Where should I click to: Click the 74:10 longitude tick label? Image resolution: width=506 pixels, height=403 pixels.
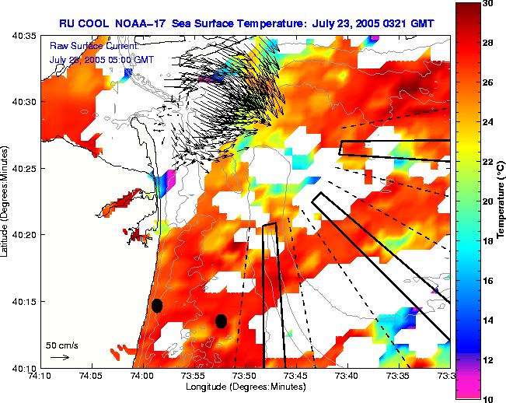[40, 377]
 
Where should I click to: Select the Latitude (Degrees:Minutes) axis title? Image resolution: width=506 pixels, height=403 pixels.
[6, 201]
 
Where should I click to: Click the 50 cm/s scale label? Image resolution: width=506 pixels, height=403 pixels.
[61, 345]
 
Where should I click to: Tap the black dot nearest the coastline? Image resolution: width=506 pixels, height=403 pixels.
[157, 305]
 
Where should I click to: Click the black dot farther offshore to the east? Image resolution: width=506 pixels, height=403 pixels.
[221, 321]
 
